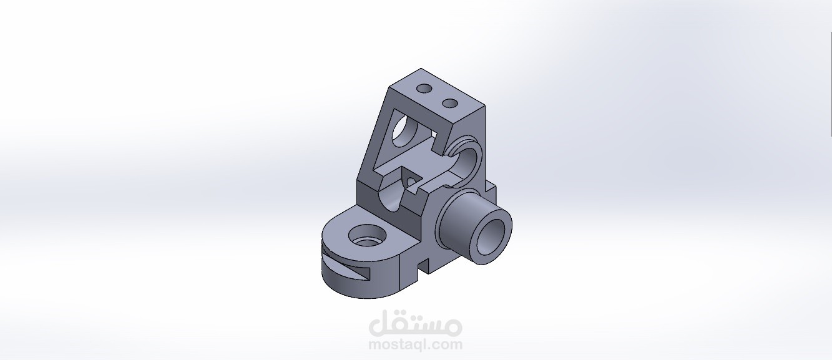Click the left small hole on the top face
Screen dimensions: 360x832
pos(424,89)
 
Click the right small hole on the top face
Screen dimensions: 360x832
pos(449,102)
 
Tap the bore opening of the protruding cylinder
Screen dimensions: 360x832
pos(491,238)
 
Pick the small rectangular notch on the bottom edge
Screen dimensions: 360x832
pos(423,268)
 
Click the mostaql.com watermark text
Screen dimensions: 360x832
pos(416,344)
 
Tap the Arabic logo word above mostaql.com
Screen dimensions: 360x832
pos(416,324)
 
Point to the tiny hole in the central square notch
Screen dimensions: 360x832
pos(411,182)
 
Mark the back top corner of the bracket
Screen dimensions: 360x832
pos(422,69)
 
